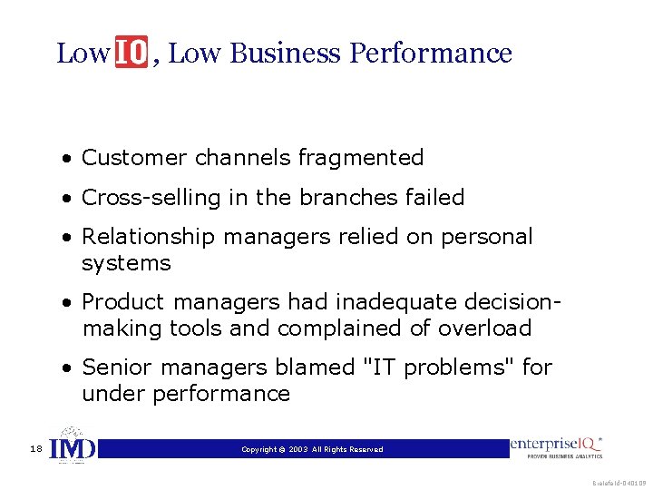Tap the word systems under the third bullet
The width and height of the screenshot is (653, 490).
pos(126,264)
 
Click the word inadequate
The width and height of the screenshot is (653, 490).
pos(386,302)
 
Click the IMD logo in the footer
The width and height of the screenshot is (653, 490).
pos(71,447)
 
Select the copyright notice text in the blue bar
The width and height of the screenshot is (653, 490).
pos(312,449)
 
